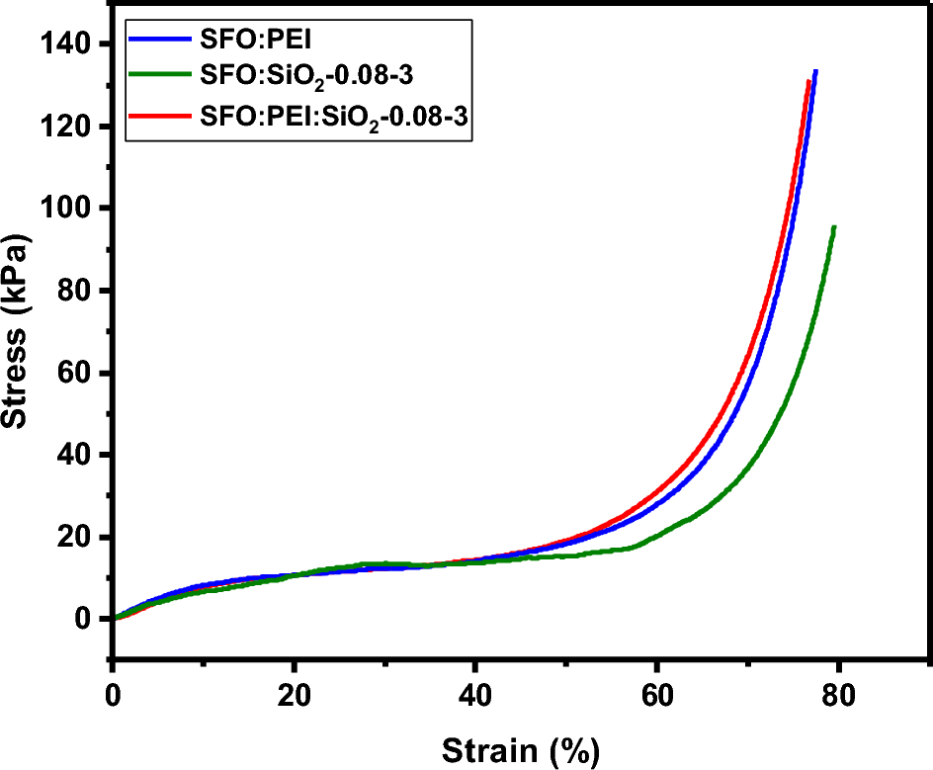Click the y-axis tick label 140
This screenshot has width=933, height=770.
(x=69, y=44)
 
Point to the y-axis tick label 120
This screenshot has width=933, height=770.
(x=69, y=127)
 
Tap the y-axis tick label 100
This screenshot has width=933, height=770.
(x=69, y=209)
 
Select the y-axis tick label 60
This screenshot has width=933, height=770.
(x=78, y=373)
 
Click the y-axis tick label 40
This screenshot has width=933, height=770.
(x=78, y=455)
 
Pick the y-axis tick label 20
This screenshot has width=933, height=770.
(x=78, y=537)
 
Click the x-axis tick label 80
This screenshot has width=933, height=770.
(x=838, y=692)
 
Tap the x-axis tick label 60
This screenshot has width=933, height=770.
(x=656, y=692)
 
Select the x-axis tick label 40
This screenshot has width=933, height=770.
(x=475, y=692)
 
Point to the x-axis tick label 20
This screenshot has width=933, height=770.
(x=294, y=692)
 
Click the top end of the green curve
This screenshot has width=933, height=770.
(x=835, y=227)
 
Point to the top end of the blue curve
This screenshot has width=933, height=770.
(x=815, y=71)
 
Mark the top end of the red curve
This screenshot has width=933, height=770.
(x=808, y=81)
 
